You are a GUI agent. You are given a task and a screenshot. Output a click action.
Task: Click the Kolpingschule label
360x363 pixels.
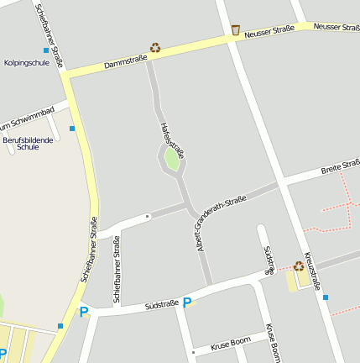tap(26, 63)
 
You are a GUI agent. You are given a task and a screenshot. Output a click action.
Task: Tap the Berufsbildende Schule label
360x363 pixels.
tap(28, 143)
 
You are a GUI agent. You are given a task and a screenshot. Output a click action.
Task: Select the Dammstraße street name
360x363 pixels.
tap(125, 60)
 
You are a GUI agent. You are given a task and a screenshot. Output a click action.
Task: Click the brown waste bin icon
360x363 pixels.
tap(236, 30)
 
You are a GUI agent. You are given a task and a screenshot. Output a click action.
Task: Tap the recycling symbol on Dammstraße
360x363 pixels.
tap(154, 48)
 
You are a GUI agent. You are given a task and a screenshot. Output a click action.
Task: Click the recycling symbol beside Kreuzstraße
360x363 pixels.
tap(299, 266)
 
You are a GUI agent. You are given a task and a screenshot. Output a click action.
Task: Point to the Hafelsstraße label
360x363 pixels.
tap(171, 139)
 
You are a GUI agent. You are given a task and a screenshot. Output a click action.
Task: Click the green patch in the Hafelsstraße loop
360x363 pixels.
tap(172, 158)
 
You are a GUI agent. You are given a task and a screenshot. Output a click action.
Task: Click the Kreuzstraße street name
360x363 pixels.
tap(312, 271)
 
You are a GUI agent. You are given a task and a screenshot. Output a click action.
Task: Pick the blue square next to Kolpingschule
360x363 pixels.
tap(46, 50)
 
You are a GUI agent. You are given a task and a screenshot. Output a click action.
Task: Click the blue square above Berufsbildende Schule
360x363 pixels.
tap(72, 129)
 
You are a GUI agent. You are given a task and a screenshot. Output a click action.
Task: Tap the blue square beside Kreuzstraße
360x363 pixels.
tap(326, 297)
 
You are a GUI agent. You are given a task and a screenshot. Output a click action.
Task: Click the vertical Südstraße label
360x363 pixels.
tap(269, 260)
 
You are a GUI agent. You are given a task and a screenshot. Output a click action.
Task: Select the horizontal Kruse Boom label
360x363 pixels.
tap(231, 345)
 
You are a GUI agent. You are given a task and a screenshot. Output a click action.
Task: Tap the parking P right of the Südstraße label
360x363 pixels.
tap(186, 302)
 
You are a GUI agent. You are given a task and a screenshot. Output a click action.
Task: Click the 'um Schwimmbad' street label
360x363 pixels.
tap(29, 116)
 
